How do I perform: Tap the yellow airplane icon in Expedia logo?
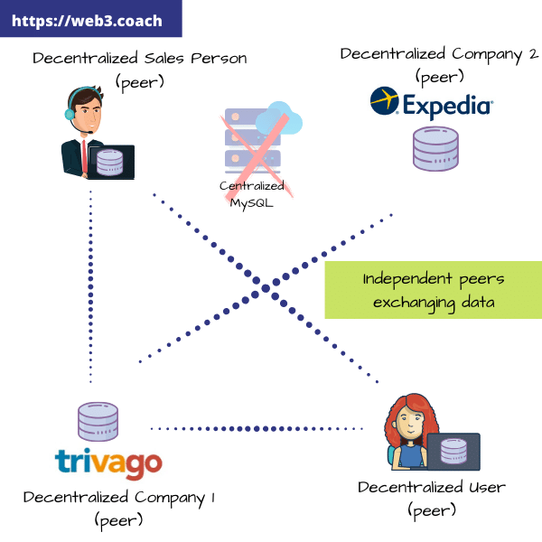[385, 102]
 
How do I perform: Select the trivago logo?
[108, 462]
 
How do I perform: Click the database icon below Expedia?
[436, 149]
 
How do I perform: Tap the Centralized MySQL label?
[252, 193]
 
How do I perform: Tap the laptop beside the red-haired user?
[453, 452]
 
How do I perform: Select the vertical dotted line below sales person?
[90, 289]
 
